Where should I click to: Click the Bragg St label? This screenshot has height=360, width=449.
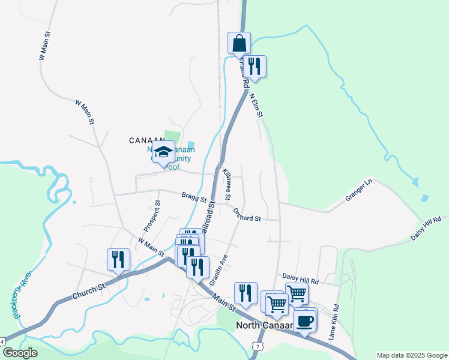[194, 196]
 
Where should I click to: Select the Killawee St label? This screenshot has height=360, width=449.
[226, 184]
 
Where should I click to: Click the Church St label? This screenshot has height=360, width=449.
[89, 292]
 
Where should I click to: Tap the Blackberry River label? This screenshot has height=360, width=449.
[23, 295]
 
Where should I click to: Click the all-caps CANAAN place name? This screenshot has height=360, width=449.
[147, 140]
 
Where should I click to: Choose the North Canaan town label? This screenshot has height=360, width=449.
[264, 326]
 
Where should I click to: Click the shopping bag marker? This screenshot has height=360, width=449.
[239, 43]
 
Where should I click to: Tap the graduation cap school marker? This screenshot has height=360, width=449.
[163, 151]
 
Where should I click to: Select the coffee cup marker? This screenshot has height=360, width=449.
[305, 319]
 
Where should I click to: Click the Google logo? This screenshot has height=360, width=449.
[19, 352]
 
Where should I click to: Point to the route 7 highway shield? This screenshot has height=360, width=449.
[258, 347]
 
